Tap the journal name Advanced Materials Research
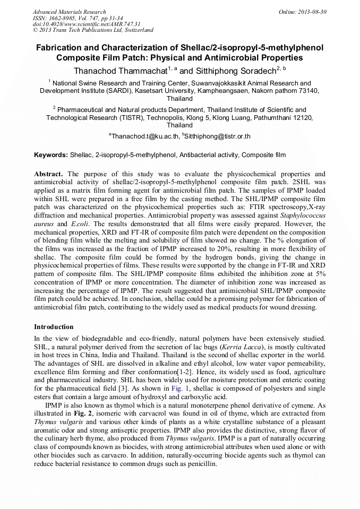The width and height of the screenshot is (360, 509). (x=69, y=12)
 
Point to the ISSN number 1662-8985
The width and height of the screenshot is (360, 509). (x=65, y=18)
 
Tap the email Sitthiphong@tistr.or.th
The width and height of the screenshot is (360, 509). (x=217, y=136)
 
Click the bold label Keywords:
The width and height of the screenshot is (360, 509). (x=51, y=155)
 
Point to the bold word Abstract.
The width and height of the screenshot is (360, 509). (x=49, y=174)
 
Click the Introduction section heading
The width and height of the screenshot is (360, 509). (x=54, y=327)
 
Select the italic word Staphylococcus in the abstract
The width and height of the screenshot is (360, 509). (x=301, y=215)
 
